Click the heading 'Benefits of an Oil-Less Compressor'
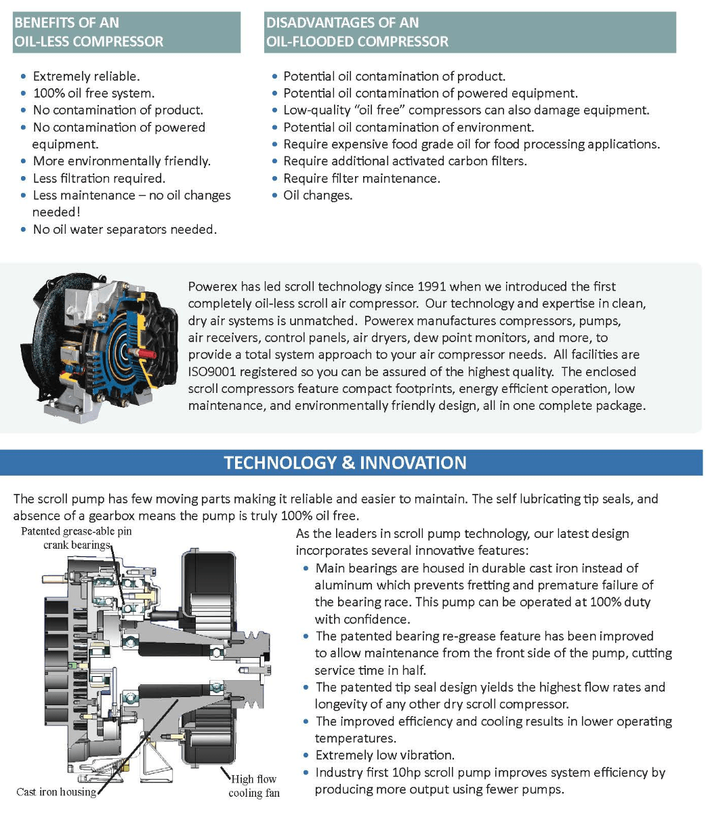tap(89, 32)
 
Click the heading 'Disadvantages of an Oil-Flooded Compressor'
tap(357, 32)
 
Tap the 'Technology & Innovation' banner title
tap(345, 463)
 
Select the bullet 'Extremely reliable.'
tap(86, 76)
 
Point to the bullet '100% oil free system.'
tap(93, 93)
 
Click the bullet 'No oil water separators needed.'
tap(125, 229)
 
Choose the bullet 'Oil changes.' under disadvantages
tap(318, 195)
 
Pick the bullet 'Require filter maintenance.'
tap(361, 178)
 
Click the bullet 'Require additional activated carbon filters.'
tap(404, 161)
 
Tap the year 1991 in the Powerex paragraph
tap(431, 287)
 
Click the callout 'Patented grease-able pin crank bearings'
tap(77, 538)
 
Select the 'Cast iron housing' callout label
tap(56, 791)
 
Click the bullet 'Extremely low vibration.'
tap(384, 755)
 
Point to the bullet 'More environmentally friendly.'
tap(121, 161)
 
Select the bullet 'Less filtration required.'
tap(99, 178)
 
